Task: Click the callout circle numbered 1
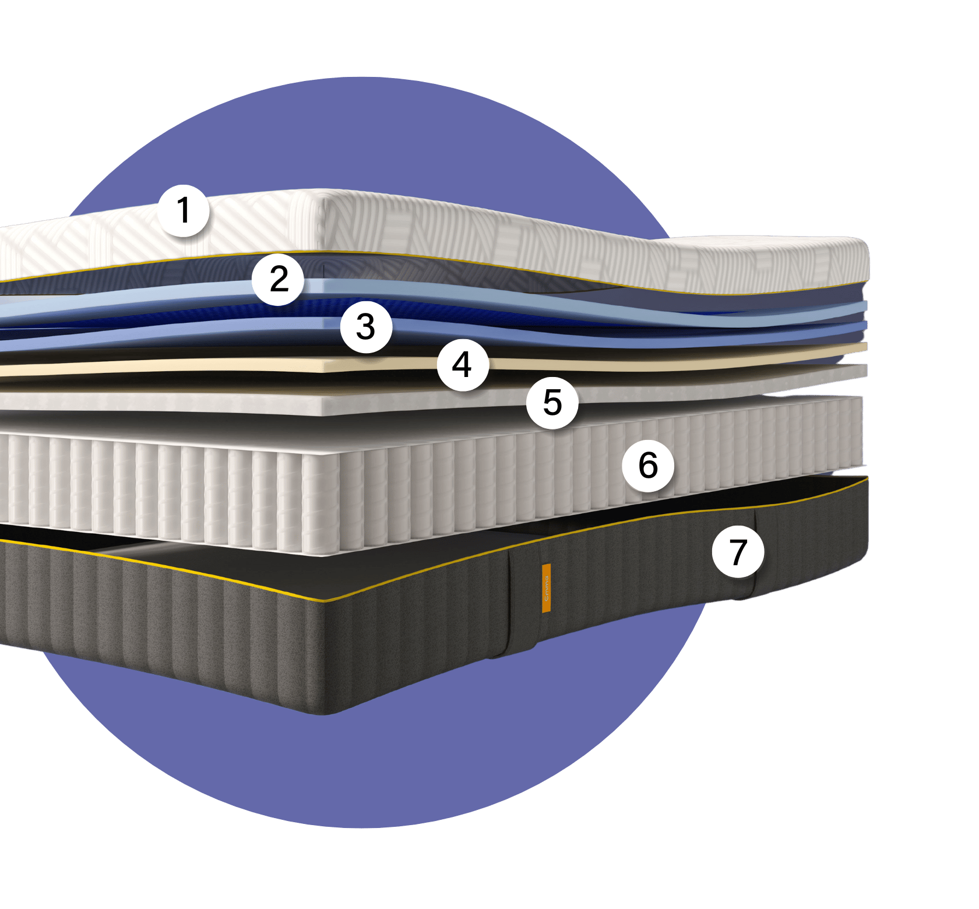point(184,210)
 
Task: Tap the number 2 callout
point(279,279)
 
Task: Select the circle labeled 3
point(365,327)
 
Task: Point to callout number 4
point(463,365)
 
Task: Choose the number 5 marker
point(552,403)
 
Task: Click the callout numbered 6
point(648,466)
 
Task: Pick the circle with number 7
point(738,552)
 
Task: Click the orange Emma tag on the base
point(546,588)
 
